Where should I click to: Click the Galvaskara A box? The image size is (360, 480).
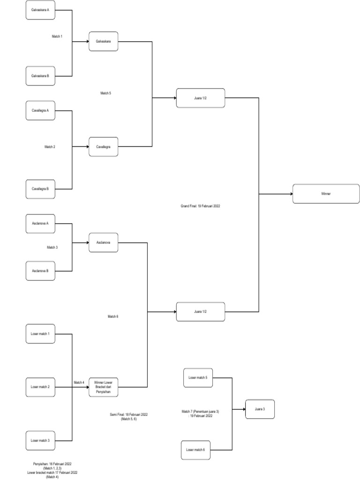coord(40,10)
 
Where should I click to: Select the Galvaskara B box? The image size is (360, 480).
coord(40,75)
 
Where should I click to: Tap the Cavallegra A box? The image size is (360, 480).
coord(40,111)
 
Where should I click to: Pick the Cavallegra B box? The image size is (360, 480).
coord(40,189)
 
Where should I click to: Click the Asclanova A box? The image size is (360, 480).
coord(40,223)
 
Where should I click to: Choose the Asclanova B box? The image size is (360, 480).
coord(40,271)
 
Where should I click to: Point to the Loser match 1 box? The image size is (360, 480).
coord(40,334)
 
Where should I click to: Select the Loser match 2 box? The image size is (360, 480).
coord(40,387)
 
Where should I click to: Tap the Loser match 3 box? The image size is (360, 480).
coord(40,441)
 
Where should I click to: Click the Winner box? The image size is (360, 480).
coord(326,194)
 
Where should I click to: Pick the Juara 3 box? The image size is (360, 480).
coord(259,409)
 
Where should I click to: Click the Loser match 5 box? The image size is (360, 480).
coord(198,377)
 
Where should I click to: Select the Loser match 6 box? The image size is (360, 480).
coord(196,450)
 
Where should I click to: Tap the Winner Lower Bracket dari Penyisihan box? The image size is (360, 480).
coord(103,387)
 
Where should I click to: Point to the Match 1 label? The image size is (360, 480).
coord(57,36)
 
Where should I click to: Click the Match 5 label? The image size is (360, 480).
coord(105,93)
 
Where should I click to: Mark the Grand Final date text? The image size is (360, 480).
coord(200,206)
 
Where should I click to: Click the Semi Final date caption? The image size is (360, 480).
coord(128,417)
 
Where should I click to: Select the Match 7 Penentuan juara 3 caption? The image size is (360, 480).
coord(200,413)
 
